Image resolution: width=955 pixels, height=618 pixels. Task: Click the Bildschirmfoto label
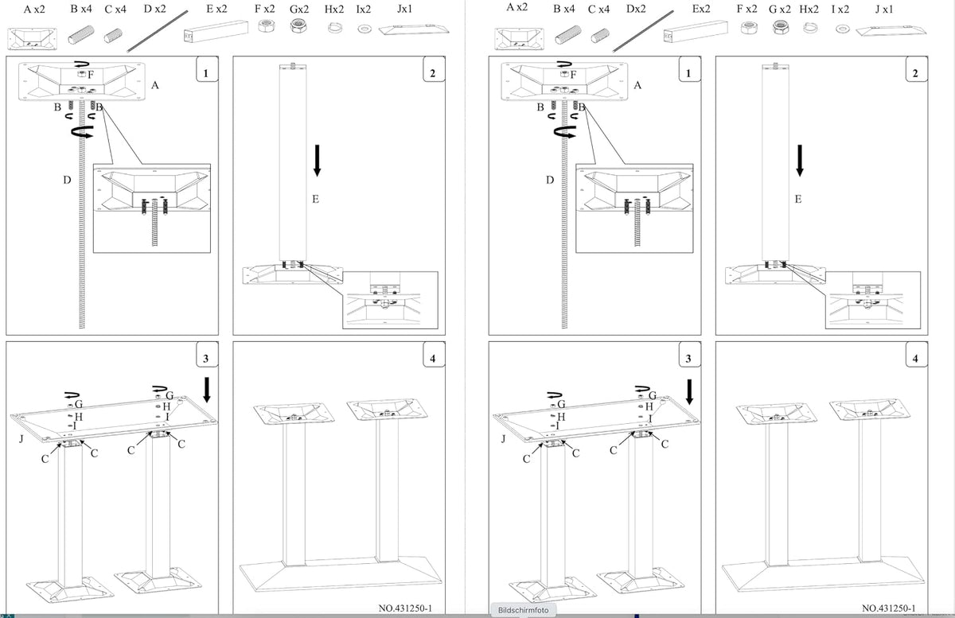523,610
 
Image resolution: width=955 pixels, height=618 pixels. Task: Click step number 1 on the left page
206,73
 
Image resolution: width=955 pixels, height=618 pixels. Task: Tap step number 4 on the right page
915,359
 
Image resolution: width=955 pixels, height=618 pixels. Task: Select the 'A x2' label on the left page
34,9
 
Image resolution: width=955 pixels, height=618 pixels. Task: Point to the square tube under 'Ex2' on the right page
696,32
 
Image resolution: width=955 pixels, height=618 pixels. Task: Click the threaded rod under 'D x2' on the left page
158,32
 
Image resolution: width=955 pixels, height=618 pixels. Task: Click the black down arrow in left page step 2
317,160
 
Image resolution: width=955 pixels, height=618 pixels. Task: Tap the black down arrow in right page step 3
689,392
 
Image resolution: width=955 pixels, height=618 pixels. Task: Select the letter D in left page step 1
67,180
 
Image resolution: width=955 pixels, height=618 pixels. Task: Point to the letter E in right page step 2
798,199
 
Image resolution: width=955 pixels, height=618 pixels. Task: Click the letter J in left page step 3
21,438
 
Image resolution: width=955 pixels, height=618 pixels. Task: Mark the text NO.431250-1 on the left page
405,608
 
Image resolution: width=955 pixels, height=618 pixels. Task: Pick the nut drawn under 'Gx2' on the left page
298,26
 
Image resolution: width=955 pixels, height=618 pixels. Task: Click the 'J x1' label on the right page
884,9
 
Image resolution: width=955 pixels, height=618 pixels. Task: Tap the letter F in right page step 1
573,75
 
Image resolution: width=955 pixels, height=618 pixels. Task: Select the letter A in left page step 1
154,85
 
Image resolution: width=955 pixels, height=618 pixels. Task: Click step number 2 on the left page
433,73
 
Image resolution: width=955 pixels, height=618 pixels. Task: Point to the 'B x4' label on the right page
563,9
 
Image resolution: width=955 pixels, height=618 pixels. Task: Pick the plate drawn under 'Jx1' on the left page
414,30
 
